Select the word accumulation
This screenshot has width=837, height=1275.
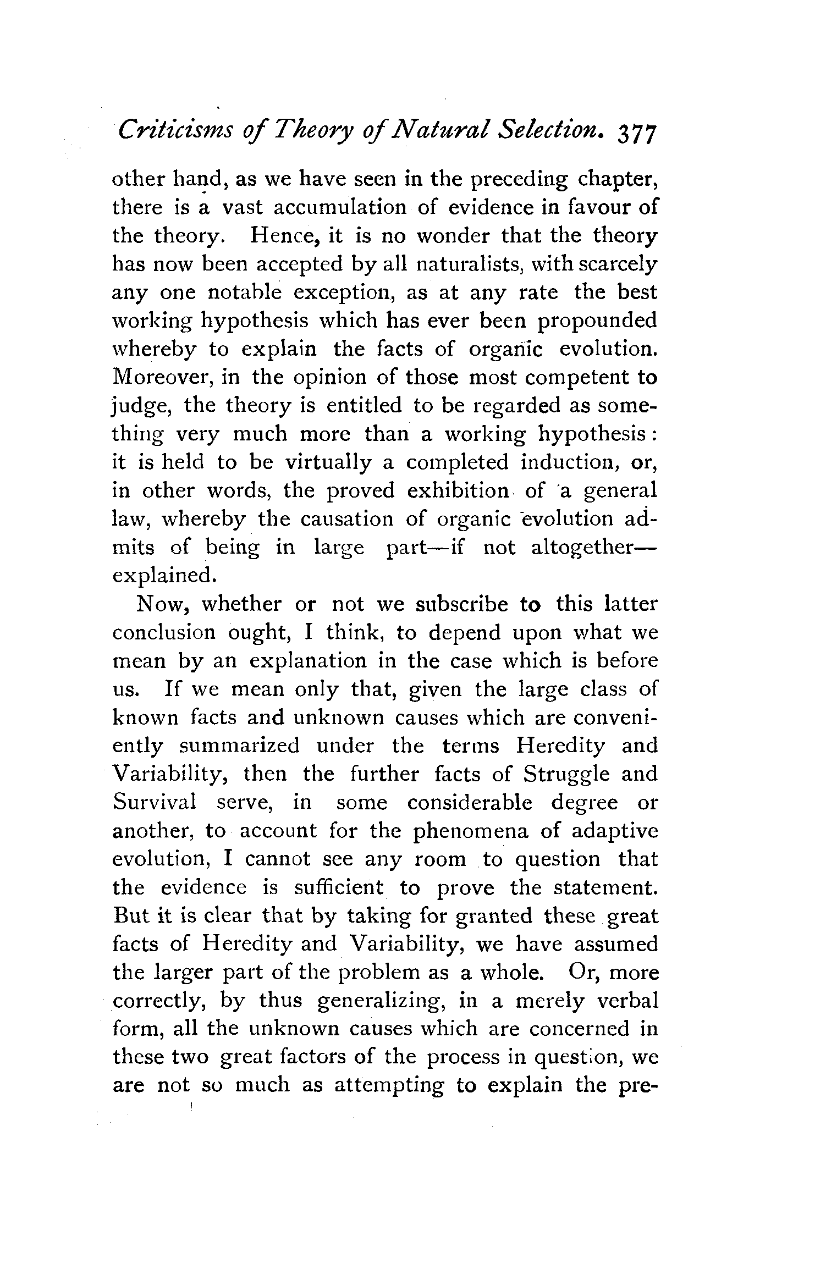tap(340, 207)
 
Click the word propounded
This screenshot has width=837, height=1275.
tap(597, 321)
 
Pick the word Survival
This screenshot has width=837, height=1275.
tap(155, 803)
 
